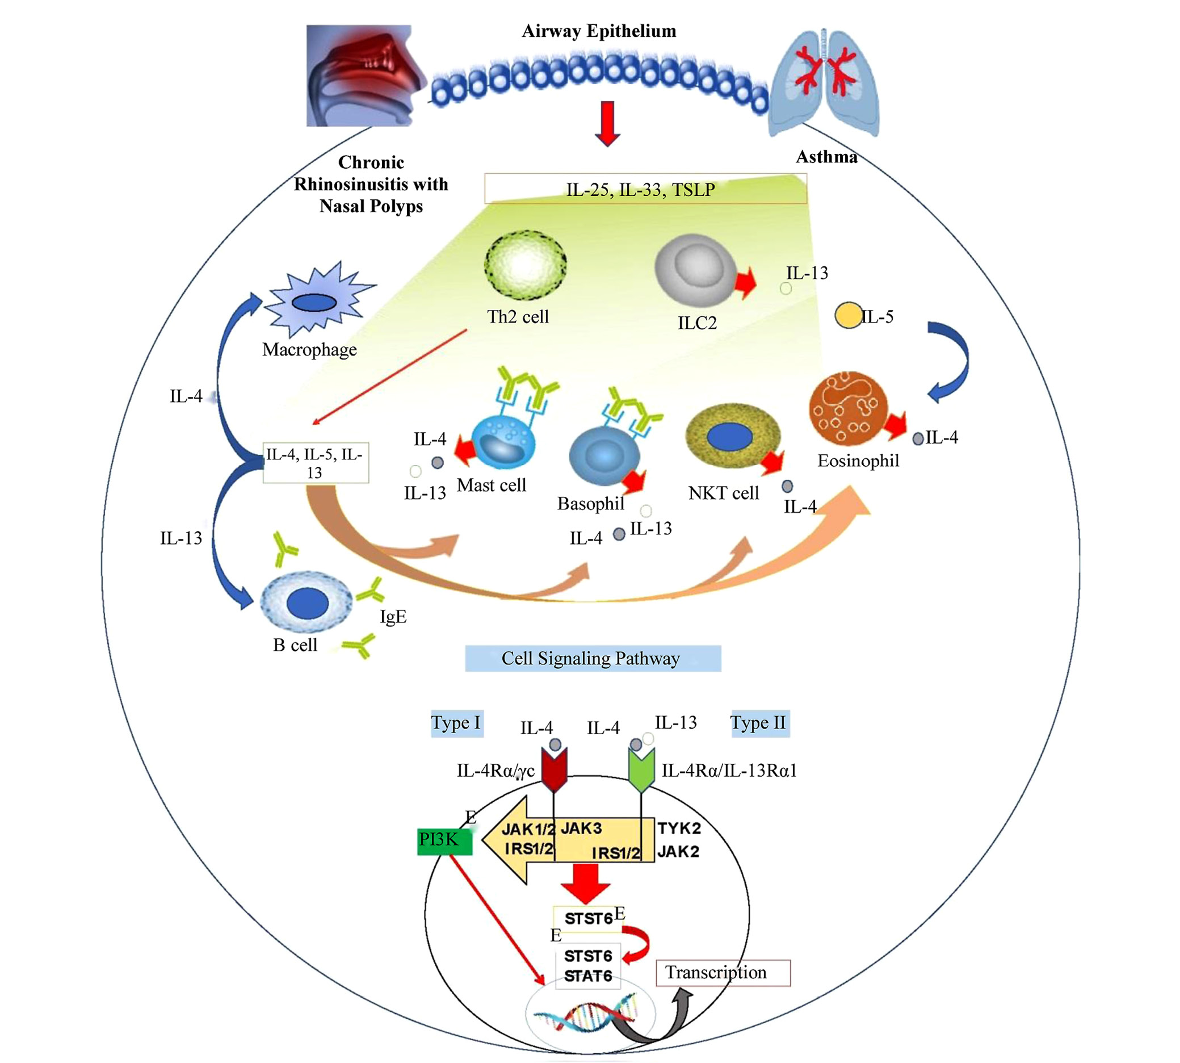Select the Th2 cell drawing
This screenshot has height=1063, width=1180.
(525, 265)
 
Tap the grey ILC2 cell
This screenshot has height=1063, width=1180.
(695, 270)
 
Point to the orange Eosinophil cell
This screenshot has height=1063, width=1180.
(848, 409)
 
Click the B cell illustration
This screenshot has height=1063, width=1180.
(306, 602)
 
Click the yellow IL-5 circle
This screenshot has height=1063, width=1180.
(849, 315)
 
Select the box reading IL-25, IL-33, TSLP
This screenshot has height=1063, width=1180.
(645, 189)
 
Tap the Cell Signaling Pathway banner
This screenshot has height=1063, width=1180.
(593, 658)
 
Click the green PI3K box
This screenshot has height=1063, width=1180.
(444, 841)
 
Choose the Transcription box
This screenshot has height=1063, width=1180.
(723, 973)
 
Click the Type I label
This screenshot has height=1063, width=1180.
(456, 723)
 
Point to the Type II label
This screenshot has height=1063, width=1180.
(760, 723)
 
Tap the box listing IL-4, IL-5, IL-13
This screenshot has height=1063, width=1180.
(315, 463)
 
